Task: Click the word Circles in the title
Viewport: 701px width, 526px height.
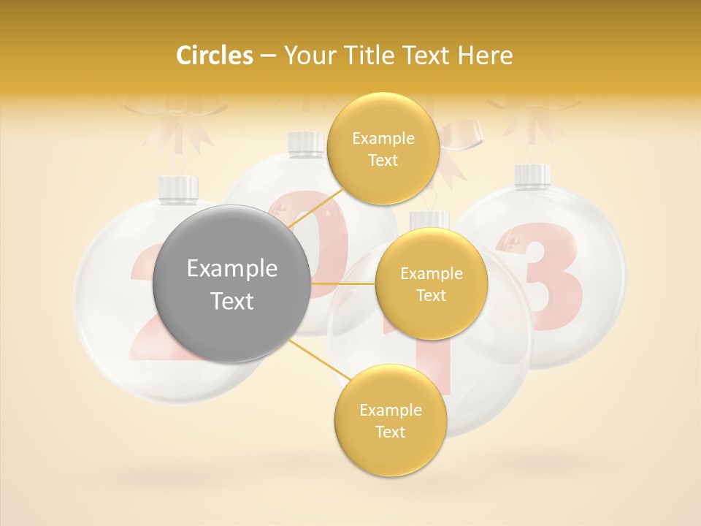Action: (x=214, y=56)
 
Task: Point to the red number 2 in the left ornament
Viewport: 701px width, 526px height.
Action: (x=143, y=307)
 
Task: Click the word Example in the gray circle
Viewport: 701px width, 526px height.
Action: (x=232, y=269)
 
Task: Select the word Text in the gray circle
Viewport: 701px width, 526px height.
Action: (x=232, y=301)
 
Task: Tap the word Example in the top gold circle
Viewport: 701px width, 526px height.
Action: (x=383, y=139)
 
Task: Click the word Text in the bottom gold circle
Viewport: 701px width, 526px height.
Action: (x=390, y=432)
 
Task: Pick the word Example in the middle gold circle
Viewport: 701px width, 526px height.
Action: (x=432, y=274)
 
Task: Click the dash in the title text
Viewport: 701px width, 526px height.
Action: (x=268, y=56)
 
